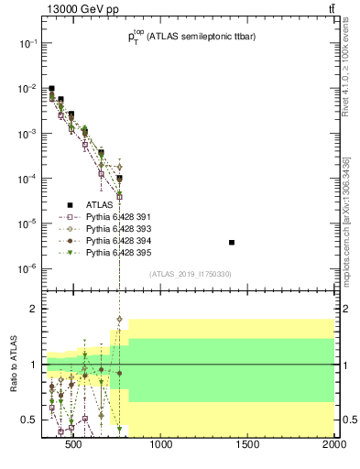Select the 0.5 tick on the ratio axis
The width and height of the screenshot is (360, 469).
click(x=29, y=420)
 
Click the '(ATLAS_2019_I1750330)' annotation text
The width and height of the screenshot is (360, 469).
click(x=190, y=274)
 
